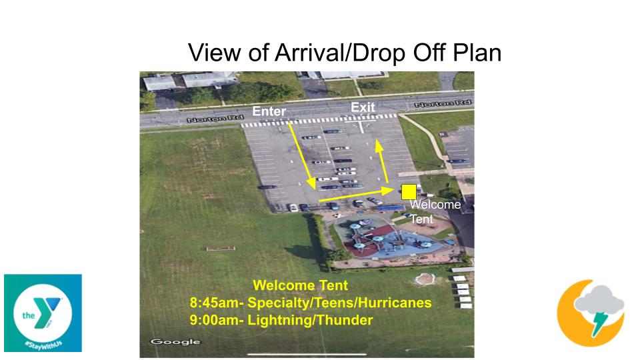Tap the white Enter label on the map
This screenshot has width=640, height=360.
[269, 111]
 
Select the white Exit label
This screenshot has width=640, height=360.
[363, 107]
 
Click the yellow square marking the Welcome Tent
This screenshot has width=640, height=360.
[409, 192]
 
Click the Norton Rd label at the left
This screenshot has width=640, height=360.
[215, 119]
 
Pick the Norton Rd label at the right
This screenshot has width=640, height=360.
[443, 104]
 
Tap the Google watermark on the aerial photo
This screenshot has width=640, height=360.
[175, 341]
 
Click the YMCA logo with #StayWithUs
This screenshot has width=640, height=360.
[43, 313]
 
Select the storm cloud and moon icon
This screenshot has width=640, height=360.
[591, 312]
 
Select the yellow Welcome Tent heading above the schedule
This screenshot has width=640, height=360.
[301, 285]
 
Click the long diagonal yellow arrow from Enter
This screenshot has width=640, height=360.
[302, 156]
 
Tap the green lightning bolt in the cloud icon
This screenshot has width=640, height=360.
[598, 323]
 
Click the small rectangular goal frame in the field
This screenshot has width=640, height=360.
[221, 248]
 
